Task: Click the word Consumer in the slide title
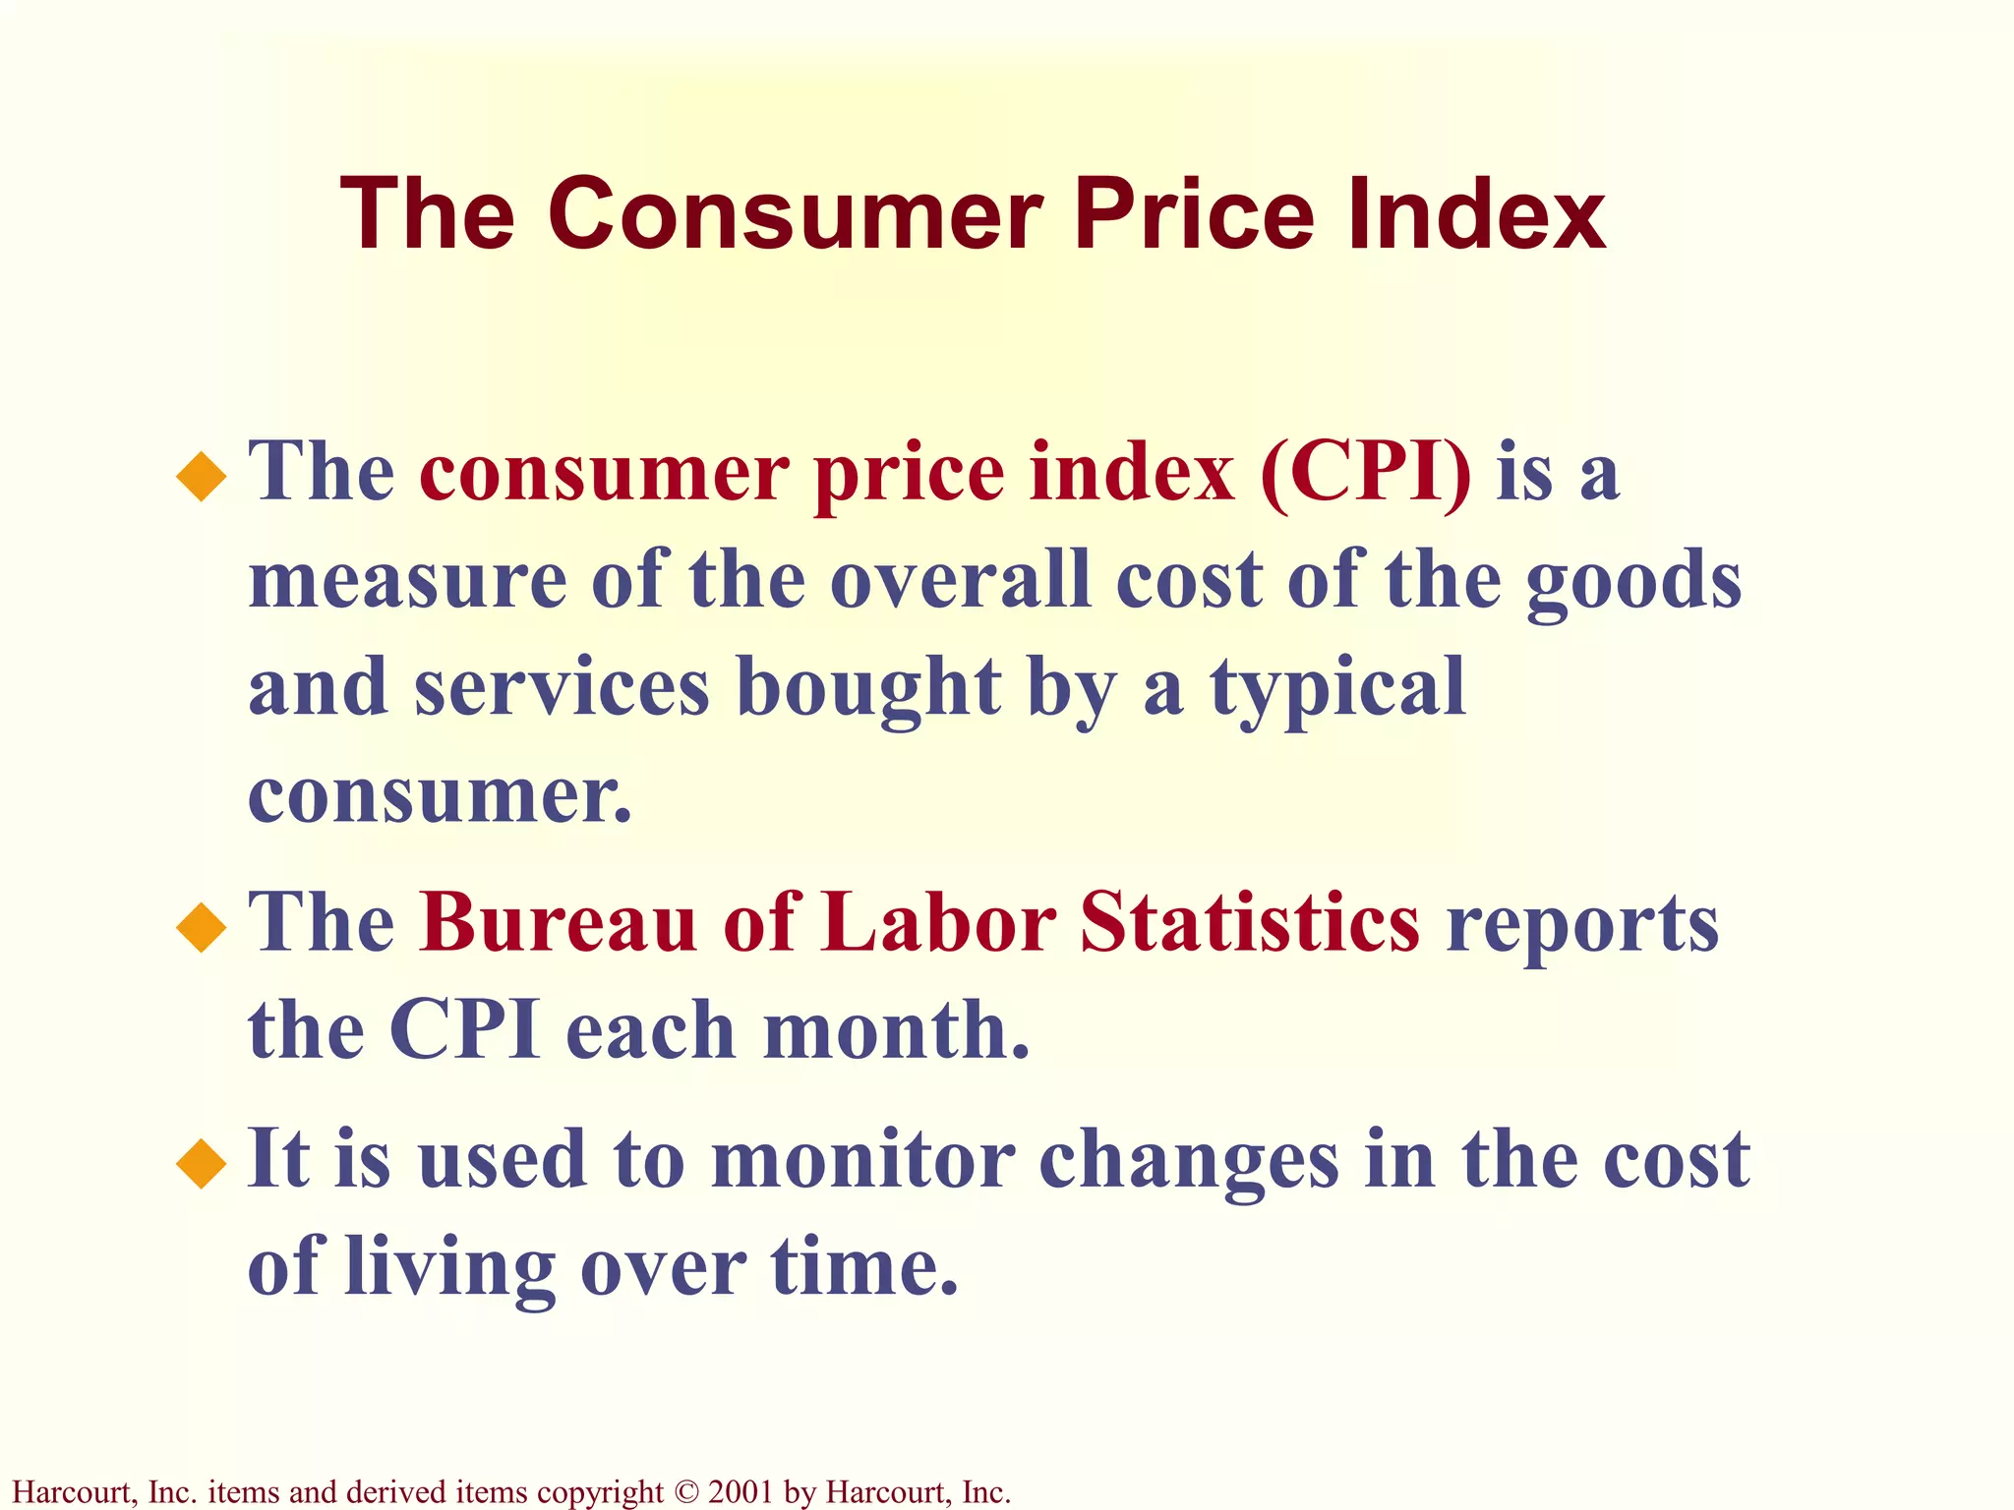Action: point(795,214)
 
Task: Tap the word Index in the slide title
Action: point(1476,214)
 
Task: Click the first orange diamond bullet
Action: point(202,476)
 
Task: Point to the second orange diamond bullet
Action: point(202,927)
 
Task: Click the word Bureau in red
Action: point(558,923)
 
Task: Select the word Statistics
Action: point(1249,923)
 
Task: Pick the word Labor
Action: point(938,923)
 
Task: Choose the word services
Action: point(562,688)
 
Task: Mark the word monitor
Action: point(862,1161)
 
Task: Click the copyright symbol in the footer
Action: point(685,1492)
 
